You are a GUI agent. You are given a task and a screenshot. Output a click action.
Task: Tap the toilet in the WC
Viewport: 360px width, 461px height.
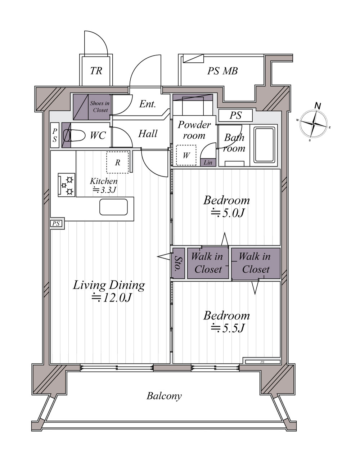click(74, 135)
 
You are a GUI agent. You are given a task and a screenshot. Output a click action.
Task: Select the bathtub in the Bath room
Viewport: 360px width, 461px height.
click(264, 145)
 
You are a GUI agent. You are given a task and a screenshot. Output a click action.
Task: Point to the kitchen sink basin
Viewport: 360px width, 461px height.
click(114, 207)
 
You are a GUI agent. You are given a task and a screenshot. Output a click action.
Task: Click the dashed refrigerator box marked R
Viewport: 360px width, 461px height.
click(118, 162)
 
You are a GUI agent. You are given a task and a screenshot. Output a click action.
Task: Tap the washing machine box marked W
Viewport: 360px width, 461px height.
click(186, 155)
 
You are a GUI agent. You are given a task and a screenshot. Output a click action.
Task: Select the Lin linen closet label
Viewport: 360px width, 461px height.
click(208, 163)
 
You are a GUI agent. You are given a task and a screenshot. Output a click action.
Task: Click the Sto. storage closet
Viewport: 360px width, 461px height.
click(178, 263)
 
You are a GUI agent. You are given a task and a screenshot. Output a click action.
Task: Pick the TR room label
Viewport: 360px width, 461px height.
click(96, 71)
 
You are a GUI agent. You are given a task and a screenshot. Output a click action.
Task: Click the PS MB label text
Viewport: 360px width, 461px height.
click(222, 71)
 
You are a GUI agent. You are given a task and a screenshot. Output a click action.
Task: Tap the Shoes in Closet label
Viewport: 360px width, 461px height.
click(100, 107)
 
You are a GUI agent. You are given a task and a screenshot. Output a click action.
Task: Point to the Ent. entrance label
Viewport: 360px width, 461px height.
click(148, 104)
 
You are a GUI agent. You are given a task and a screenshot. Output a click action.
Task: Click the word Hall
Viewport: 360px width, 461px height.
click(148, 134)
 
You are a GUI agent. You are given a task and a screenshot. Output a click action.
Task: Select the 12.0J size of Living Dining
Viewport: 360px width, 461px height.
click(112, 297)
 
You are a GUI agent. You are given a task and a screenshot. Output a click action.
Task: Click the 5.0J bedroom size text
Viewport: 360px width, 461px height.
click(228, 213)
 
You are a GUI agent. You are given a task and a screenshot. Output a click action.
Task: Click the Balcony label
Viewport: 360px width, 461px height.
click(164, 396)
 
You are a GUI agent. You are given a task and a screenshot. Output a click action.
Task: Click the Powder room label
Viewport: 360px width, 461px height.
click(194, 130)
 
